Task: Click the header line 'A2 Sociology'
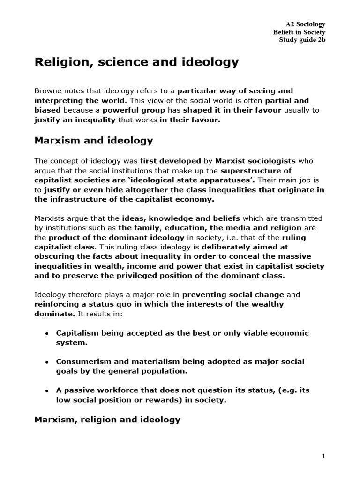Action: tap(305, 24)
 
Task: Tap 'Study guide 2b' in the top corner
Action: tap(302, 40)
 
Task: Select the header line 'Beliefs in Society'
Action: tap(299, 32)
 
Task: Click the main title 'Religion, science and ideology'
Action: tap(137, 62)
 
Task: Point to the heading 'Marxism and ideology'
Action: tap(94, 140)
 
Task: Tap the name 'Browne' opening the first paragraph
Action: tap(49, 90)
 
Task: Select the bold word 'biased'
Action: tap(48, 110)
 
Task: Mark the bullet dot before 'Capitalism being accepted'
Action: tap(47, 334)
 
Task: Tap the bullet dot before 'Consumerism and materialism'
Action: tap(47, 362)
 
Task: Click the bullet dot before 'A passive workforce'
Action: tap(47, 391)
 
